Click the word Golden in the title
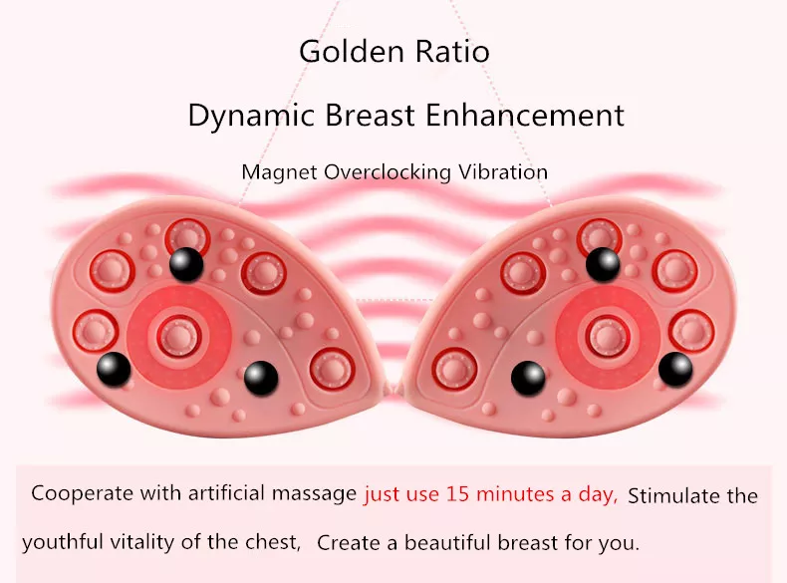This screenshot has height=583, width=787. [347, 51]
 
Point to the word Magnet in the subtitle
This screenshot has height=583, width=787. [279, 172]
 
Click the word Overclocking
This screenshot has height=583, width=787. [391, 172]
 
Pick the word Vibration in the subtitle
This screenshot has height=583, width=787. [504, 172]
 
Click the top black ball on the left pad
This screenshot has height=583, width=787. [186, 264]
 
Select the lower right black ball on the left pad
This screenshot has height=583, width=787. [261, 376]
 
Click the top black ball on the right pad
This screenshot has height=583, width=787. [603, 264]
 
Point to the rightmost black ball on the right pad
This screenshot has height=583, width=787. [675, 369]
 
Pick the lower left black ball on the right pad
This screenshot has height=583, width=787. [528, 377]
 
